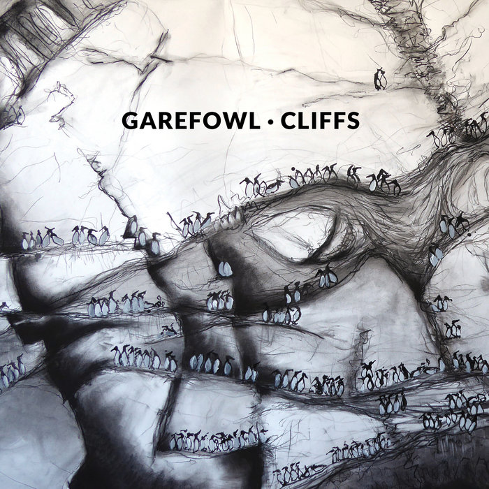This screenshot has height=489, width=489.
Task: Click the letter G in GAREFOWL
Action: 130,121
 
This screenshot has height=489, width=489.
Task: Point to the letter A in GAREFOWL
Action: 148,121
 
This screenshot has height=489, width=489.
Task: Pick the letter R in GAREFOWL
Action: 166,121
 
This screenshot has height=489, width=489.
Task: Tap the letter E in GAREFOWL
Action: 182,121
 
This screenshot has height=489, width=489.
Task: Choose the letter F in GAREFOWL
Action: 196,121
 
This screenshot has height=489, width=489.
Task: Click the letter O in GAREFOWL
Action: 213,121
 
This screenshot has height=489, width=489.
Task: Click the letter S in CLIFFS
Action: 353,121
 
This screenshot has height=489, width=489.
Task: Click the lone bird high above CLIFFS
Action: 380,80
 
